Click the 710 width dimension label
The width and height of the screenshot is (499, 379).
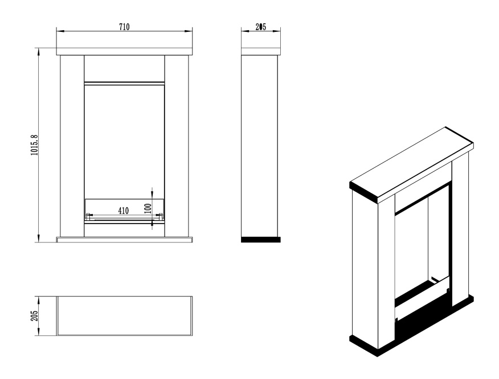[x=124, y=27]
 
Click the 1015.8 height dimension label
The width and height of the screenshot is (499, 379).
[x=34, y=145]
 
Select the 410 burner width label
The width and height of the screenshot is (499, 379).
[x=124, y=211]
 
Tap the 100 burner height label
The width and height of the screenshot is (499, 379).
[x=148, y=208]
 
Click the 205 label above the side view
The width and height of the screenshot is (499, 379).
[x=261, y=27]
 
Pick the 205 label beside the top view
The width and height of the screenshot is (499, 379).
[x=34, y=316]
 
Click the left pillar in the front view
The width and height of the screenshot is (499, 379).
[x=72, y=146]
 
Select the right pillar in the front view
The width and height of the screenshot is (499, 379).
[x=177, y=146]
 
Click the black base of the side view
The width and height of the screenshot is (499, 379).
[x=261, y=240]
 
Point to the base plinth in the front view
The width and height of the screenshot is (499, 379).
[x=124, y=240]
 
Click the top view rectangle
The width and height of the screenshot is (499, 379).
[x=124, y=316]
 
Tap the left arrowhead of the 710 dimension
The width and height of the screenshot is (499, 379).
[x=60, y=31]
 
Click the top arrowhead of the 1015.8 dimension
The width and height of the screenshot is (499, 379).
[x=39, y=52]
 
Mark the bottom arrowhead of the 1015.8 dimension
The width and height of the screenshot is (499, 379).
[x=39, y=238]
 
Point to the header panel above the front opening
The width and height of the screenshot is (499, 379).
[x=124, y=69]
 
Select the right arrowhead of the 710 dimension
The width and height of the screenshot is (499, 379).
[x=189, y=31]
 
